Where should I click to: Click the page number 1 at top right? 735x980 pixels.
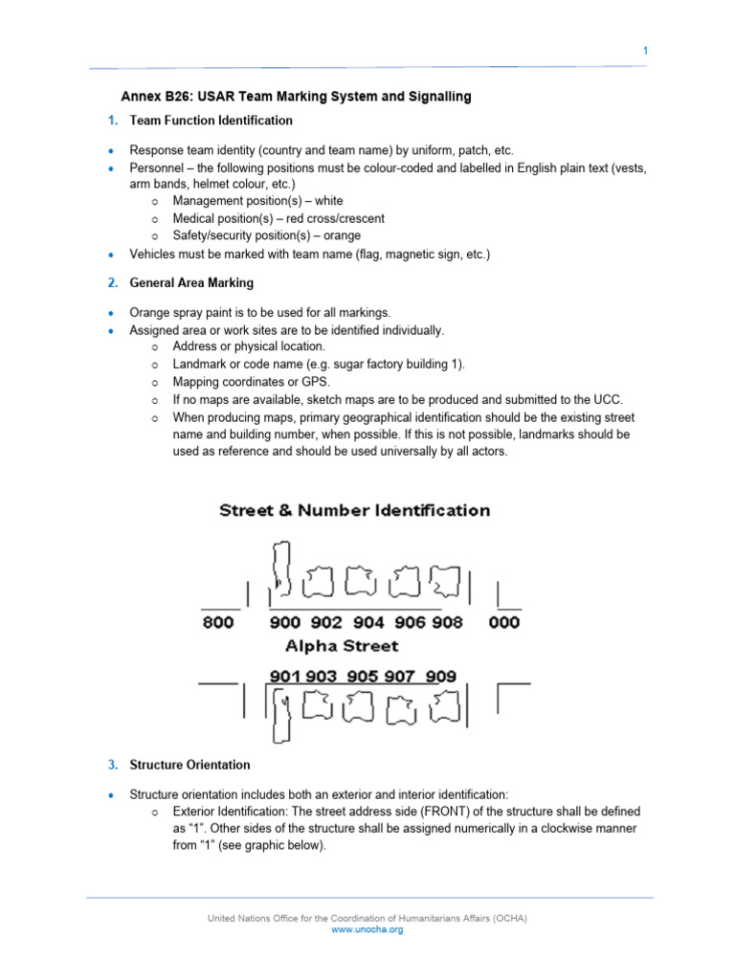coord(645,51)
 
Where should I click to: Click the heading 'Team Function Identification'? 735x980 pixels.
coord(211,121)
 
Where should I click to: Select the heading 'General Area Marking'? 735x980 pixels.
coord(191,282)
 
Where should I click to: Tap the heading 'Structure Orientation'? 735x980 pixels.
coord(189,765)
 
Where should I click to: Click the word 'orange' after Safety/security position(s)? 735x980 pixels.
coord(342,235)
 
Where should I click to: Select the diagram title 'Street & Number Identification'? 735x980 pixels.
coord(355,511)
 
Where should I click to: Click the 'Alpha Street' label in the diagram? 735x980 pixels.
coord(342,646)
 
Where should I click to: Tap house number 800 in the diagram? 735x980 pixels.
coord(217,622)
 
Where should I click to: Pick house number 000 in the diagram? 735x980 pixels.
coord(504,622)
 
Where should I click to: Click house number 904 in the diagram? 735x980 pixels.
coord(368,622)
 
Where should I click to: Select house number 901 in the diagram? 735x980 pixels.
coord(285,677)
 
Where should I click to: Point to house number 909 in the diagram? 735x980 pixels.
coord(441,677)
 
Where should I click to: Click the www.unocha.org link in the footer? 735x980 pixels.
coord(367,929)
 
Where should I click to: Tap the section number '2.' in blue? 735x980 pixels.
coord(112,282)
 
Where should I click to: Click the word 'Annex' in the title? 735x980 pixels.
coord(138,97)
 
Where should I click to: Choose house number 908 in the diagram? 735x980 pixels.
coord(446,622)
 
